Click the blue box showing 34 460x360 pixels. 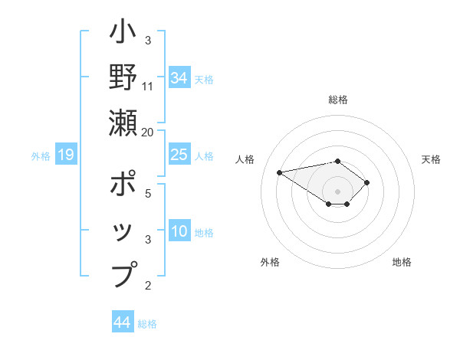179,77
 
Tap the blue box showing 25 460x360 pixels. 179,155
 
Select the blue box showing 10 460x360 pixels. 179,231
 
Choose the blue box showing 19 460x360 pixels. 66,155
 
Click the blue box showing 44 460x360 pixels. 123,322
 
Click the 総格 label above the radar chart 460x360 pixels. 338,100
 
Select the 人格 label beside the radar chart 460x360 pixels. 245,159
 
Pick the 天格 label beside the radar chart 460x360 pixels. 431,159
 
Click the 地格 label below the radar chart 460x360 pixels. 402,262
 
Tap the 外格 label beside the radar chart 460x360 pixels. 270,262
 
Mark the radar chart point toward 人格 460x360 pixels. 280,172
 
